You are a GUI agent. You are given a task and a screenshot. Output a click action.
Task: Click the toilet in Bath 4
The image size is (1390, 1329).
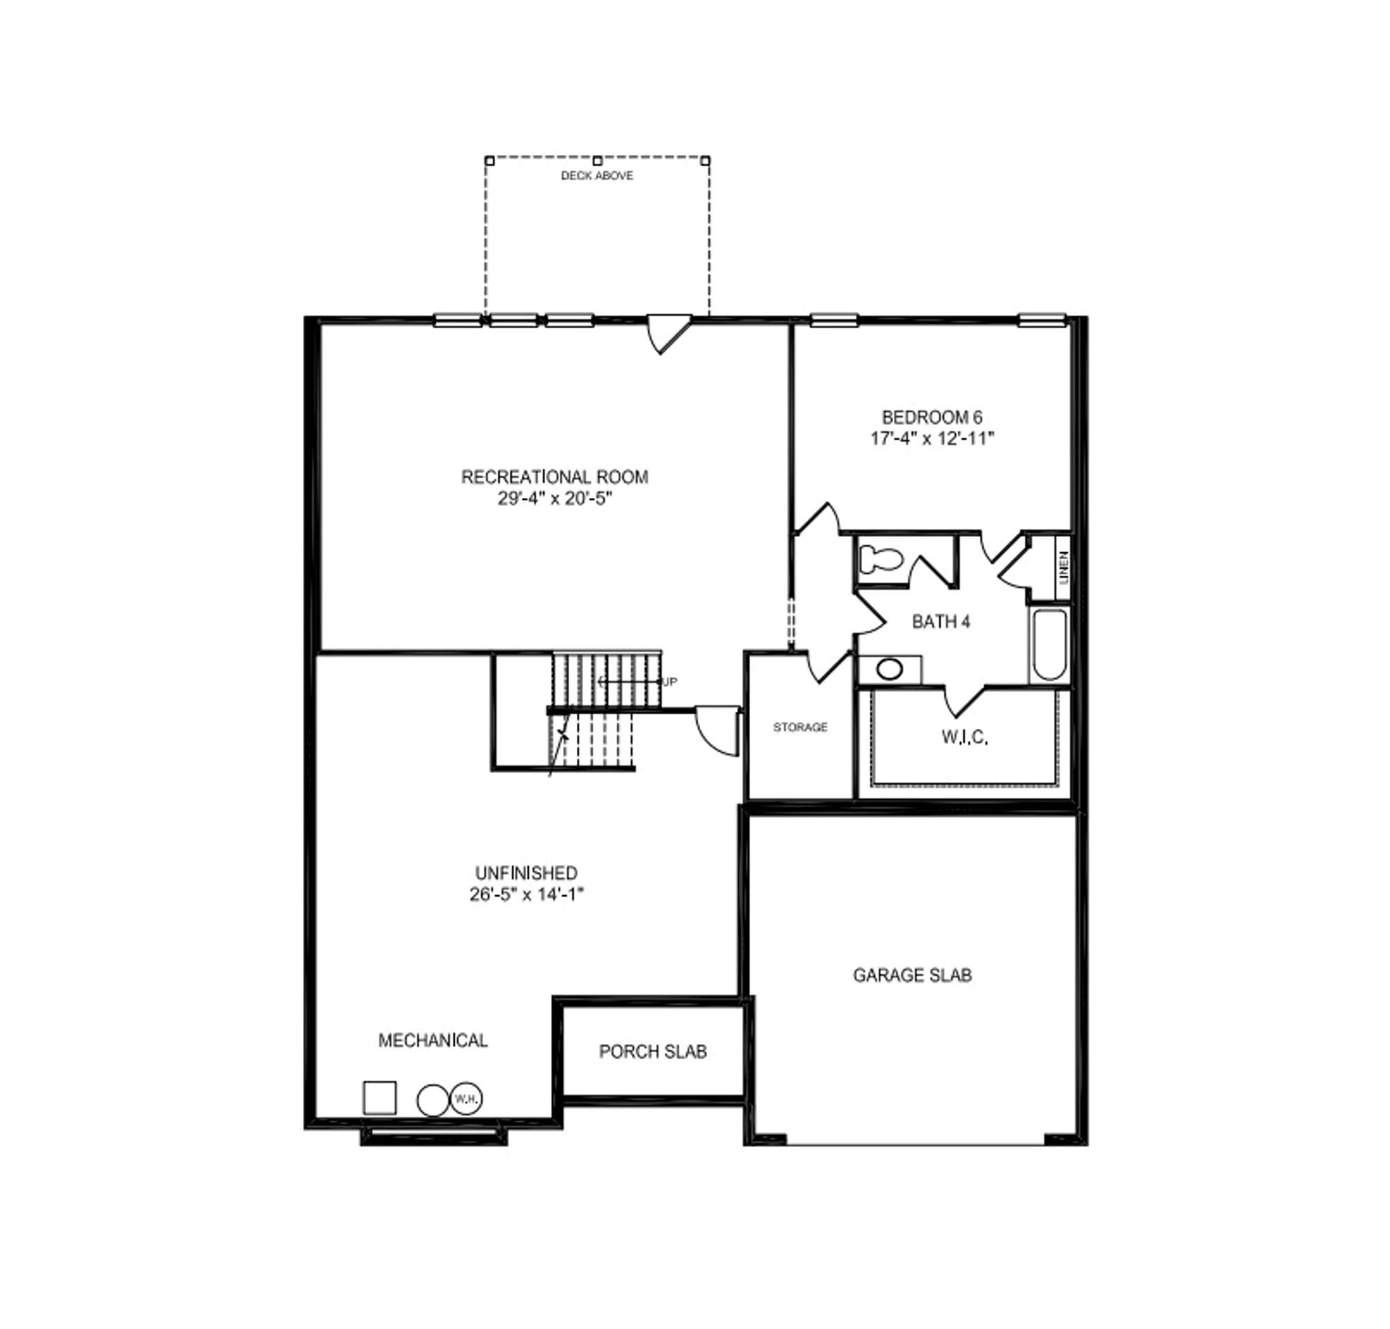pos(880,561)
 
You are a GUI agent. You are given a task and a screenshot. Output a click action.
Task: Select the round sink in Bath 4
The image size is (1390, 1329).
pos(890,669)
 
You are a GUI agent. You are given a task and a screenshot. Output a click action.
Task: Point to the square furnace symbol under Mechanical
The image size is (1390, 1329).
pos(379,1097)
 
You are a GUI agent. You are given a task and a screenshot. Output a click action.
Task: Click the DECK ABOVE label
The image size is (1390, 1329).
pos(597,176)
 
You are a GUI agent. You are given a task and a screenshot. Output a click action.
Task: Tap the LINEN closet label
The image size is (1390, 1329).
pos(1063,567)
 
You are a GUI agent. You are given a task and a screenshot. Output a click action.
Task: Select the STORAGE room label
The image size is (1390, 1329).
pos(800,727)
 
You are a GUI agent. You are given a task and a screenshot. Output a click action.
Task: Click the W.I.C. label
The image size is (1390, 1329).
pos(965,736)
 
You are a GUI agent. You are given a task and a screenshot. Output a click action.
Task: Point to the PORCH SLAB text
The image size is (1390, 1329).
pos(653,1052)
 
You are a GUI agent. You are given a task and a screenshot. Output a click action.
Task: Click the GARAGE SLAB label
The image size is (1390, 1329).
pos(912,976)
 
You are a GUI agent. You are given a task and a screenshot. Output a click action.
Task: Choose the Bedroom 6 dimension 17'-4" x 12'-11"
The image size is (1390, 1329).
pos(932,439)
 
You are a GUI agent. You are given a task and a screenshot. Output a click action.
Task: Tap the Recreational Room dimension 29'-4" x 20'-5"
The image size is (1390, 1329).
pos(555,499)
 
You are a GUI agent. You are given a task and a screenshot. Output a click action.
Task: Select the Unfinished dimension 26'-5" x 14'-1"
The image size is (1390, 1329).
pos(526,895)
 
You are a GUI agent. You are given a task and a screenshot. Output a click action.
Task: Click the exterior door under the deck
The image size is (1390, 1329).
pos(669,333)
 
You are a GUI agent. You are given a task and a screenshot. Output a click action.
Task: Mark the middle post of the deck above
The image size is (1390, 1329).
pos(597,161)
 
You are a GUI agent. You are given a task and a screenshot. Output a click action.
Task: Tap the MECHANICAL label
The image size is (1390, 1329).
pos(433,1040)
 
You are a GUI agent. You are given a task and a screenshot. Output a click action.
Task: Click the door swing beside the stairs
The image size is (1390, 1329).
pos(717,730)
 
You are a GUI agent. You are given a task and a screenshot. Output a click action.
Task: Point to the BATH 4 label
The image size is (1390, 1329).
pos(940,622)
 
